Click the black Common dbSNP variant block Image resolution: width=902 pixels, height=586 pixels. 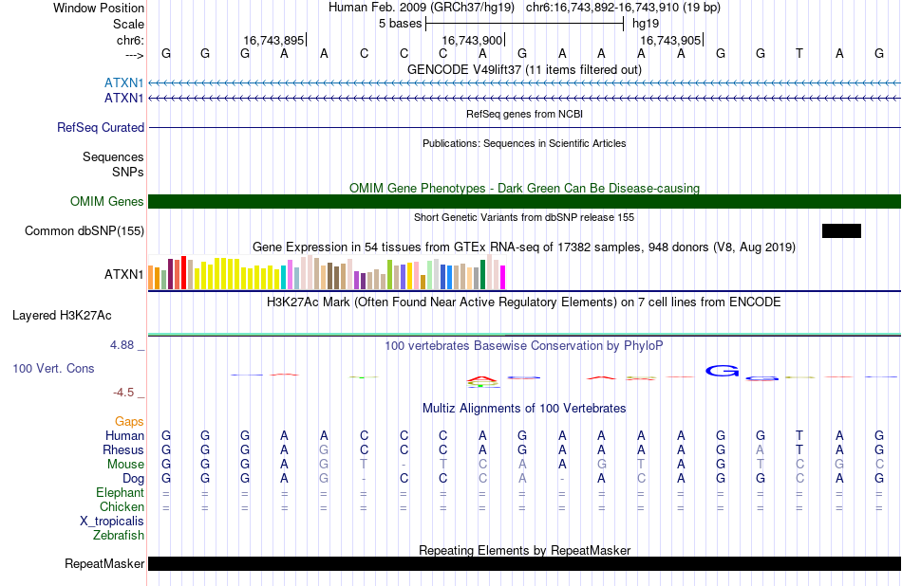(841, 231)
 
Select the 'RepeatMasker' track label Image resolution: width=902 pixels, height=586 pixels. (104, 563)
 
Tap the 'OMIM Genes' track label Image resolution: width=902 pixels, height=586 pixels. (107, 202)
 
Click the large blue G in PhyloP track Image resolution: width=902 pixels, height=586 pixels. (722, 371)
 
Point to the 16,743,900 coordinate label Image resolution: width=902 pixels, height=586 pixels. (472, 40)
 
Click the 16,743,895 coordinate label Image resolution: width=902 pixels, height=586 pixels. (273, 40)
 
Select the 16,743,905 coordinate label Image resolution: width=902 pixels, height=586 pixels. (670, 40)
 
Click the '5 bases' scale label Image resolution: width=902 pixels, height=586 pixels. (400, 24)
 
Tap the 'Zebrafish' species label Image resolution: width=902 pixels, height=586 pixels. (119, 536)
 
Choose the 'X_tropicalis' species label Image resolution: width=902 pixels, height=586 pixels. (112, 522)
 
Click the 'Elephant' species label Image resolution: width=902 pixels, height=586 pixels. (121, 493)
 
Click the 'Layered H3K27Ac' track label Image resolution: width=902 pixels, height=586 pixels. (62, 316)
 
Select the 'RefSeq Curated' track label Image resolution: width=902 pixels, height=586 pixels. (101, 128)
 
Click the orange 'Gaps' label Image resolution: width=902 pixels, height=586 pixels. (129, 422)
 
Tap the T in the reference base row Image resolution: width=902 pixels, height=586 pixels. (799, 53)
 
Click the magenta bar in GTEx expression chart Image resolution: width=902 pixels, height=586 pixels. (503, 277)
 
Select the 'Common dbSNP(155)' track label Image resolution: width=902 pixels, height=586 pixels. (85, 231)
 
